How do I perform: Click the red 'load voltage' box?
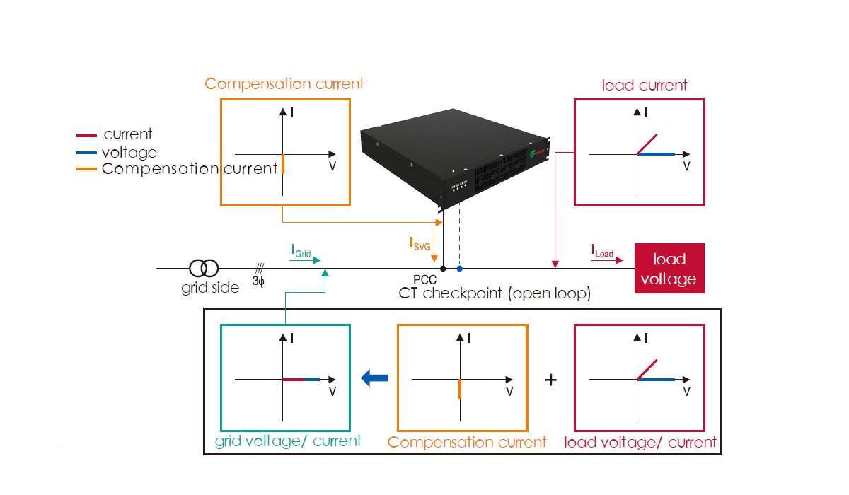pos(669,269)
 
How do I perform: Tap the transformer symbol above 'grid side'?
pos(204,269)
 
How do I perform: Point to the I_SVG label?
pos(422,243)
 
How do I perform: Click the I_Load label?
pos(602,250)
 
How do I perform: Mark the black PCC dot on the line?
pos(443,269)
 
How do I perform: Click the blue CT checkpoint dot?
pos(460,269)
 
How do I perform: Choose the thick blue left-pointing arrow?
pos(375,378)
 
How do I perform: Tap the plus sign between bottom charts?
pos(551,380)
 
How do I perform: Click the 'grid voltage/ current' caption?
pos(287,441)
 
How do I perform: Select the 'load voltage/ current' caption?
pos(640,443)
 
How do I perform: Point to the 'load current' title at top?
pos(645,86)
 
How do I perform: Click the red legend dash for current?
pos(86,135)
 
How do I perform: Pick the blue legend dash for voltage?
pos(86,152)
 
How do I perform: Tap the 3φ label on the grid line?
pos(259,281)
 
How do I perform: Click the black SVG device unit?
pos(453,163)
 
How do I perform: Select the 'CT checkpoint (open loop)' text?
pos(495,293)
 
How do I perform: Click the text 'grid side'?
pos(210,288)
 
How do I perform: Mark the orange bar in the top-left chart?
pos(283,164)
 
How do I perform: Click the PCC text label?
pos(424,281)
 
